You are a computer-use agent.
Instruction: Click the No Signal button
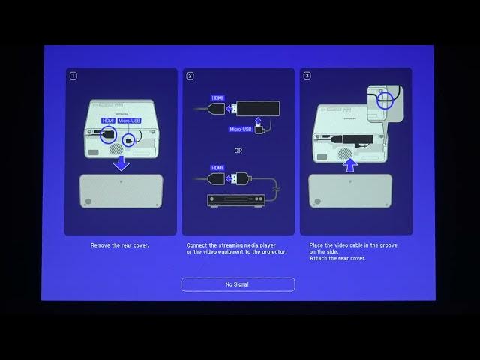tap(238, 284)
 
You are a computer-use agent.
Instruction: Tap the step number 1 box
tap(73, 76)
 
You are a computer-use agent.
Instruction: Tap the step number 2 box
tap(190, 76)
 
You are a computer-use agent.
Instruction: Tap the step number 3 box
tap(307, 76)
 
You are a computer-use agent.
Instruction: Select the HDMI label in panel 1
tap(107, 121)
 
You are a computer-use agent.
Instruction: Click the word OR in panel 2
tap(238, 151)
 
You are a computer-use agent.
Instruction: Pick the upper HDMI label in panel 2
tap(217, 98)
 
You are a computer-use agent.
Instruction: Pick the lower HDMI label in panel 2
tap(217, 168)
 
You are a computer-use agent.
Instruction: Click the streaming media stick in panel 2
tap(257, 108)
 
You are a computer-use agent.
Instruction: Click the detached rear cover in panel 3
tap(350, 191)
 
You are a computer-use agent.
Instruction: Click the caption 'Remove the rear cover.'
tap(120, 245)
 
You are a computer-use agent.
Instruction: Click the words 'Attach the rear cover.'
tap(337, 258)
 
